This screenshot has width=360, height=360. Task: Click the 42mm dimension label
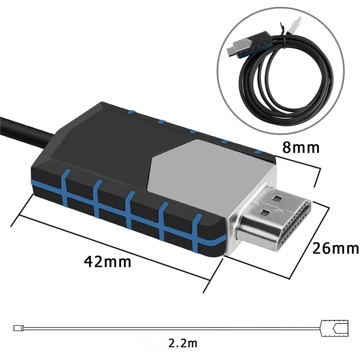(108, 261)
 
